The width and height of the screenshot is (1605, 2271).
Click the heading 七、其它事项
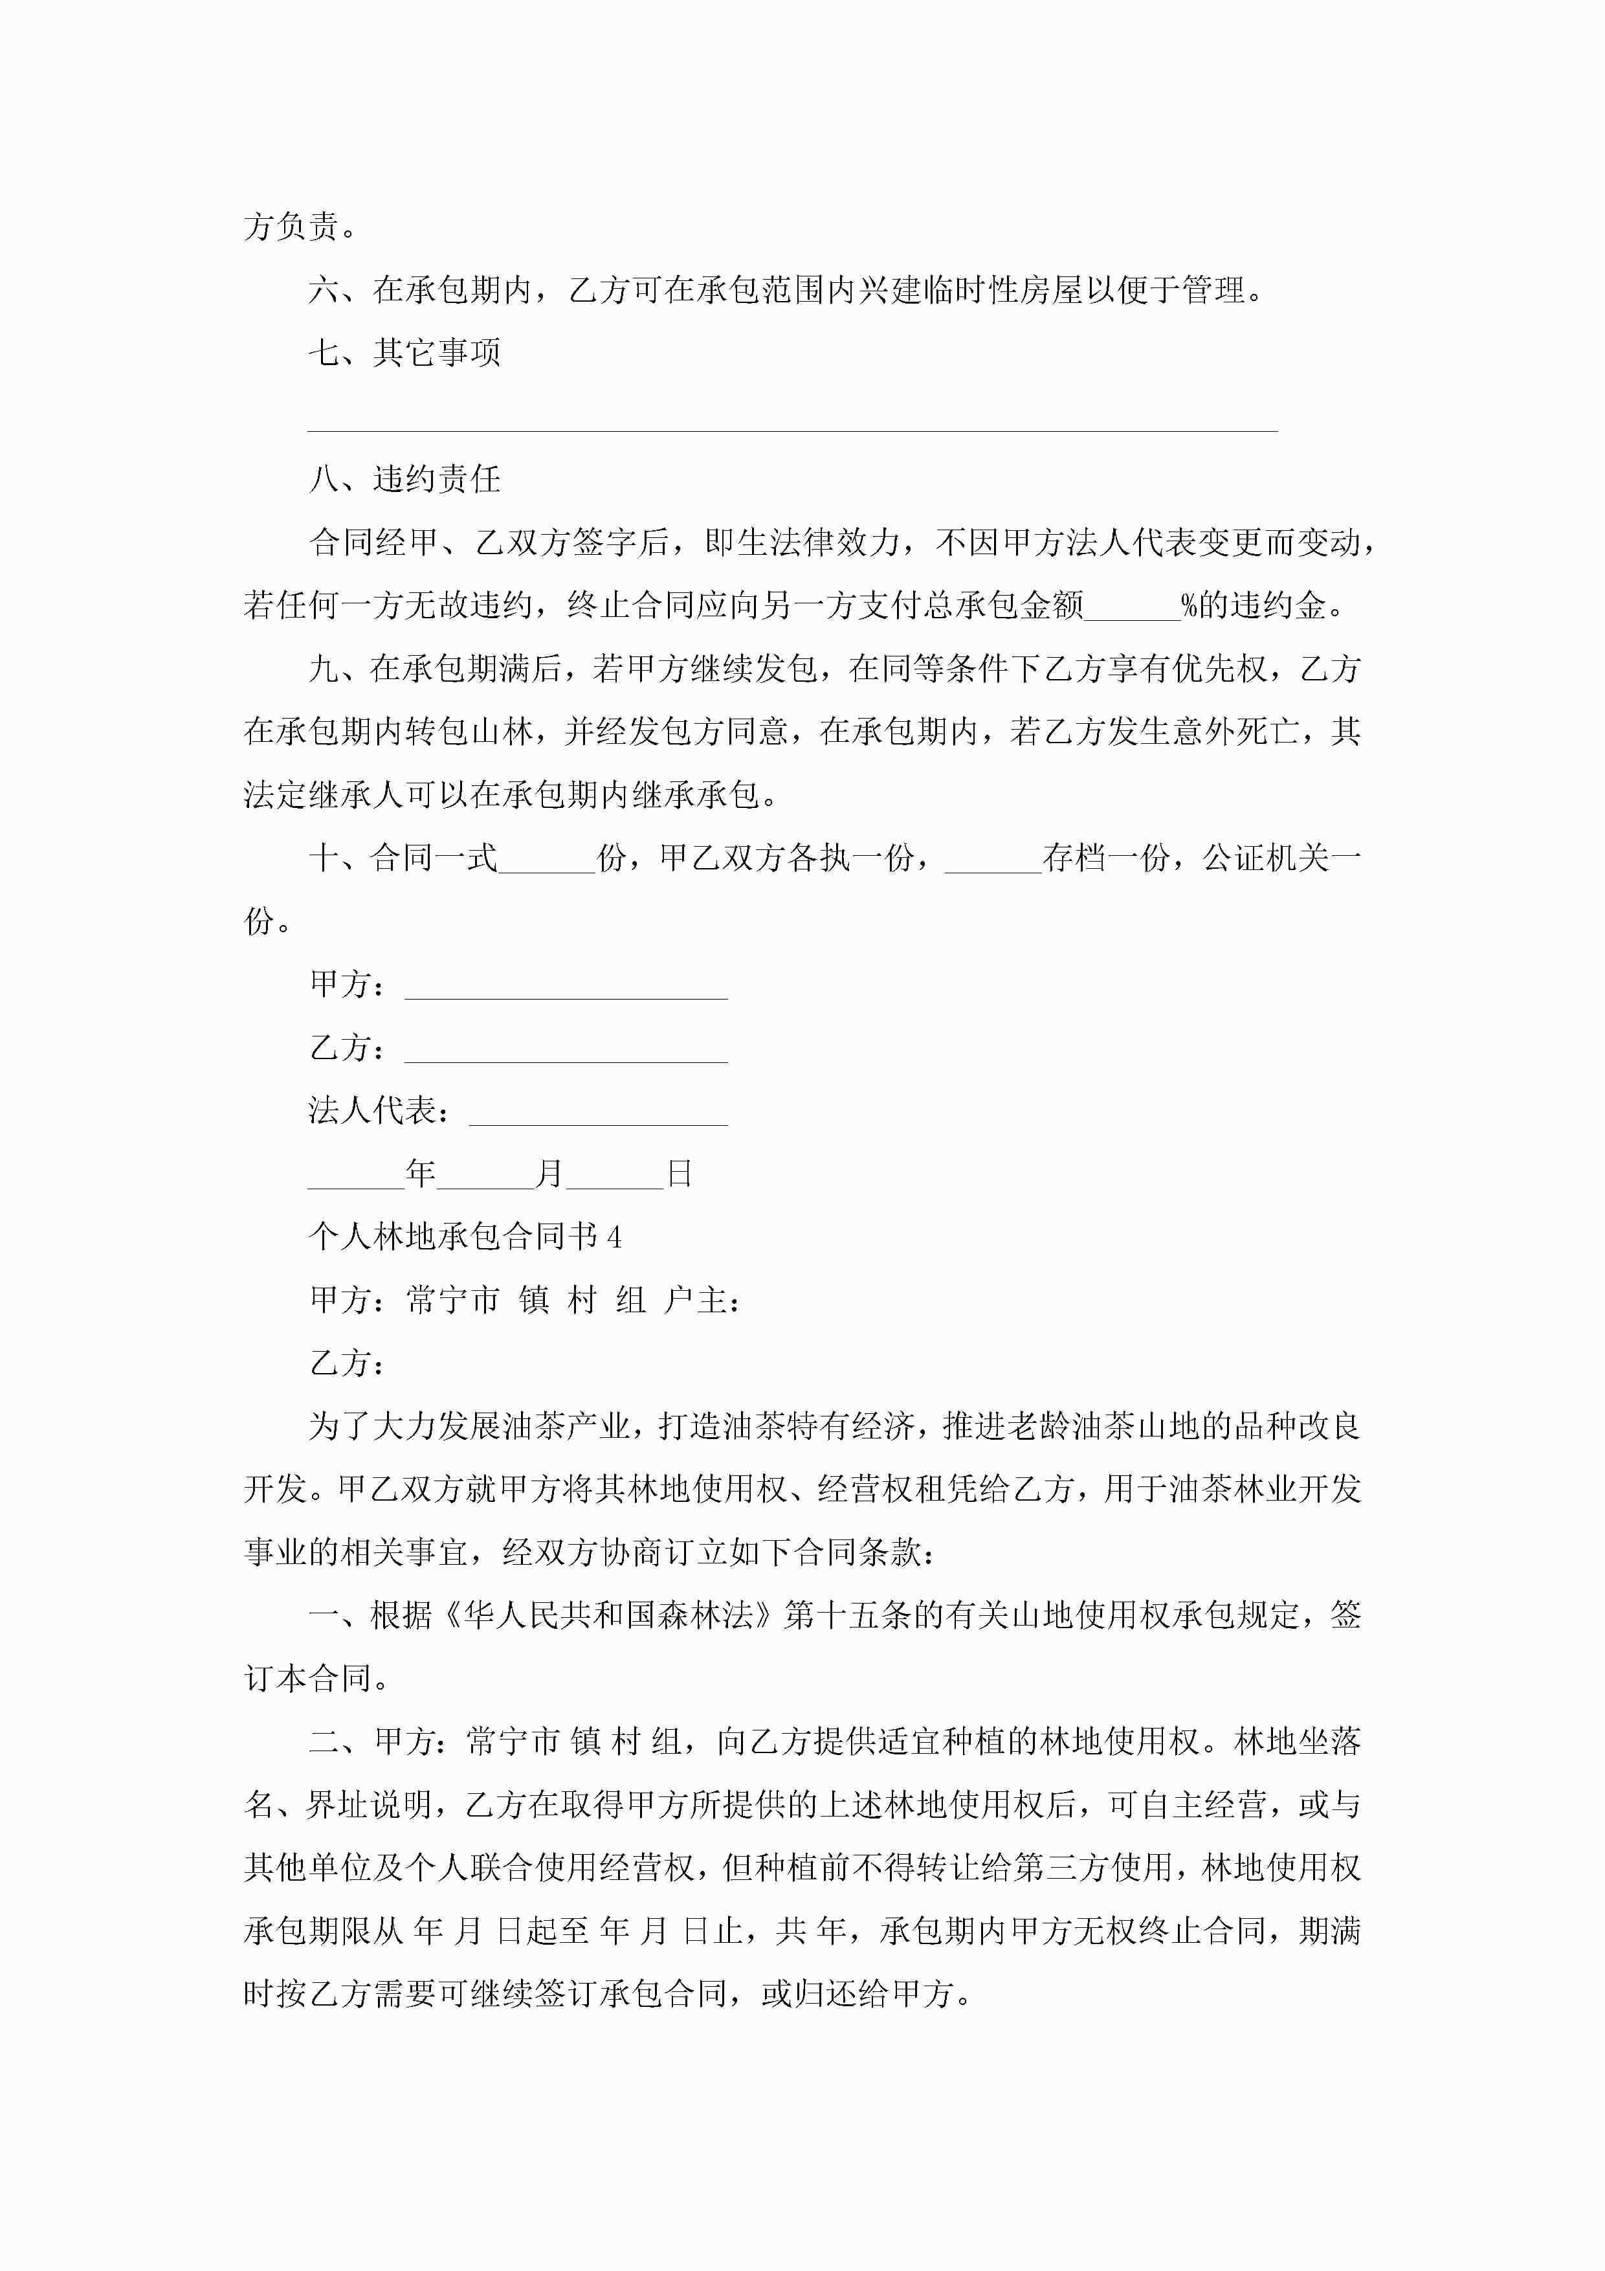[x=404, y=352]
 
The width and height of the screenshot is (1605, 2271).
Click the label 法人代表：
[x=380, y=1111]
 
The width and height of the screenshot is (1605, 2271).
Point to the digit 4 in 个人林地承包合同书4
[x=614, y=1237]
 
